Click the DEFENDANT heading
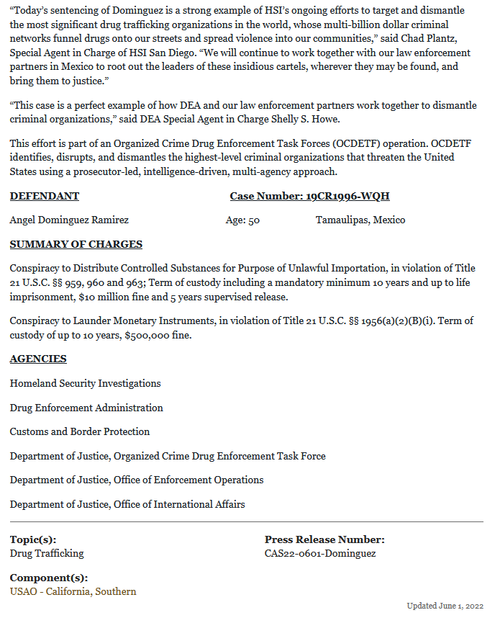coord(45,196)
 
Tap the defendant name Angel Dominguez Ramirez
coord(69,220)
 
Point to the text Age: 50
coord(242,220)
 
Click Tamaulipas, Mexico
coord(360,220)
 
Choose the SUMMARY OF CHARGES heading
coord(76,244)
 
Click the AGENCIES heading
coord(38,359)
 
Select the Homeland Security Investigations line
coord(85,383)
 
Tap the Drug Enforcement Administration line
coord(86,408)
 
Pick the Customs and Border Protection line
coord(80,431)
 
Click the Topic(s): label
coord(33,539)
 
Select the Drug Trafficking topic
coord(47,553)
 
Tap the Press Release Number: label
coord(324,539)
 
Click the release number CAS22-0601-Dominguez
coord(320,553)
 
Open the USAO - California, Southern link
coord(73,591)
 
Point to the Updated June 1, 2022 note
coord(445,606)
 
